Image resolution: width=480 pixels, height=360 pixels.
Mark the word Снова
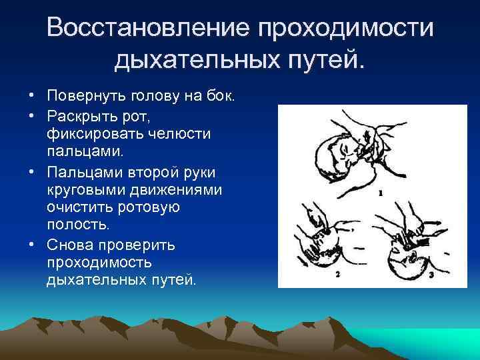(x=70, y=245)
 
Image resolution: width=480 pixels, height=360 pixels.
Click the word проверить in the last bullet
(x=145, y=245)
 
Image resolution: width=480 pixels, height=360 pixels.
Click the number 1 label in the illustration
(x=379, y=193)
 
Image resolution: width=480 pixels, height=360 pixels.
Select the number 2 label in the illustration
(x=337, y=274)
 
